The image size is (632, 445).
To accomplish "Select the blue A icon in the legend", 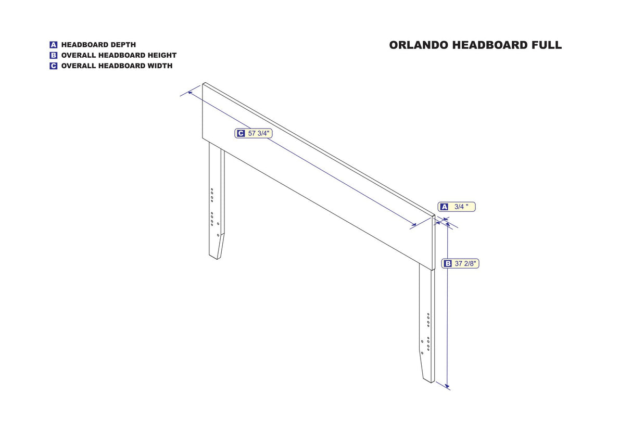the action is point(53,45).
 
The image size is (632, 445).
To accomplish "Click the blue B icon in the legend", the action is point(53,55).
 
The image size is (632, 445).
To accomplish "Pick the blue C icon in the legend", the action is point(53,66).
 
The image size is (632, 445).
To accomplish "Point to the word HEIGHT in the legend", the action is point(163,55).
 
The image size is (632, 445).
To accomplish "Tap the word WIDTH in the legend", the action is point(160,66).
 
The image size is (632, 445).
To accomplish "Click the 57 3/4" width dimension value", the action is point(259,133).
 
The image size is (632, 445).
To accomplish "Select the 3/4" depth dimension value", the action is point(461,207).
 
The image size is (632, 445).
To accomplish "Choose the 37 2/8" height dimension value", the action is point(465,264).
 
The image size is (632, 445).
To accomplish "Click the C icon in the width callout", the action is point(241,133).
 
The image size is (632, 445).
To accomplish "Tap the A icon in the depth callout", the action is point(445,207).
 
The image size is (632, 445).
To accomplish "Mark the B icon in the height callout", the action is point(448,264).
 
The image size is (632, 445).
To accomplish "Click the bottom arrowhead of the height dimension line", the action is point(447,386).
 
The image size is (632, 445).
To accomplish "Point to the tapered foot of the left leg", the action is point(217,246).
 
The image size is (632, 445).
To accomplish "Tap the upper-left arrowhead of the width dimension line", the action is point(190,92).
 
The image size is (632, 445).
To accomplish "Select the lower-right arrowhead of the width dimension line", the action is point(414,224).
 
